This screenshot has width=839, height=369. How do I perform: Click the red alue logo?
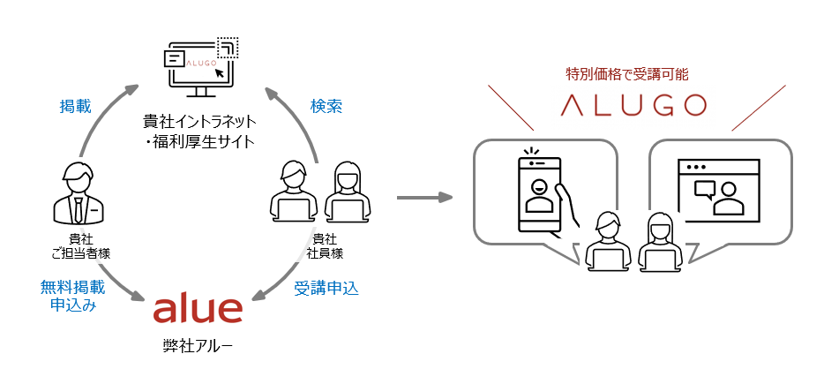point(198,309)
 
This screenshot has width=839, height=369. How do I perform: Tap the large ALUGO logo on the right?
point(634,104)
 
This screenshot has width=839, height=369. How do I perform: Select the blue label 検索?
point(326,107)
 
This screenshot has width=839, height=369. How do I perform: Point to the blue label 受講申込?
point(326,287)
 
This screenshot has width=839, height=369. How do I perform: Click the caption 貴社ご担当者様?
point(80,245)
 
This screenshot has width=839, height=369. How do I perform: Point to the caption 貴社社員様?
point(325,245)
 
